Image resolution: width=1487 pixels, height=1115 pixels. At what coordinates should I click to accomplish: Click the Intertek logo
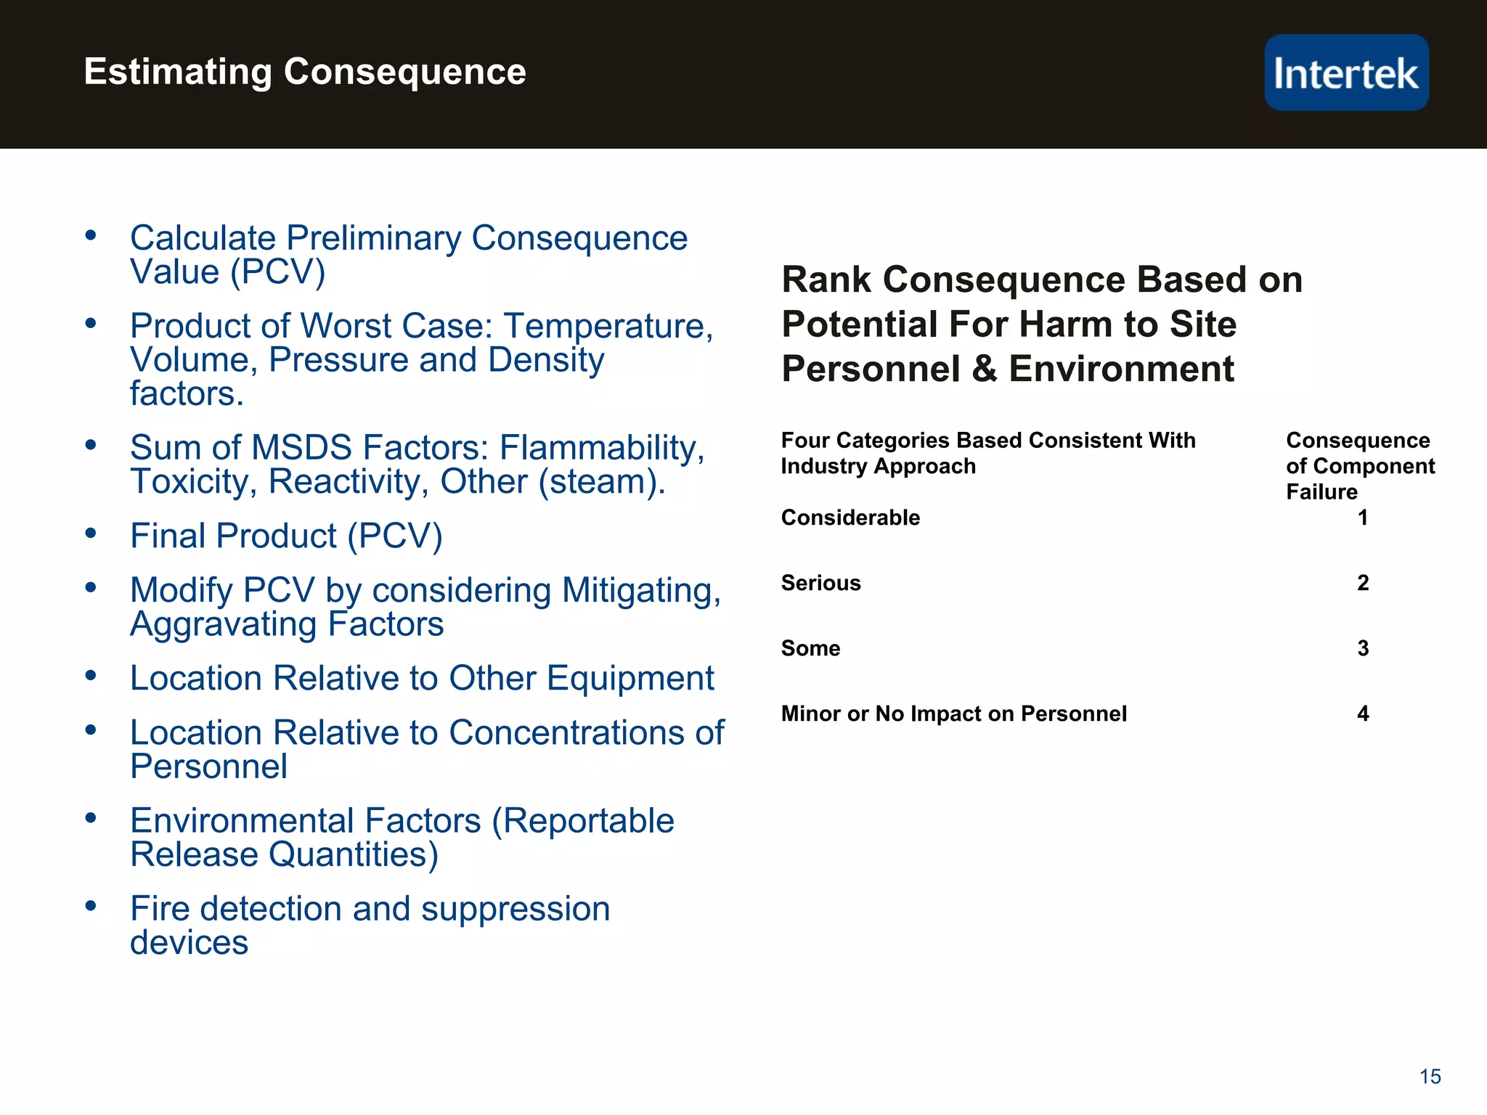coord(1346,73)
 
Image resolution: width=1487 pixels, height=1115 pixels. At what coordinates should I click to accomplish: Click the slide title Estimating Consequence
coord(305,72)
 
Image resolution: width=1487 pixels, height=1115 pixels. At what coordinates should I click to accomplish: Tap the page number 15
coord(1430,1077)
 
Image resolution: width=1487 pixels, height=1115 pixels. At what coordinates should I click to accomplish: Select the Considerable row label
coord(850,518)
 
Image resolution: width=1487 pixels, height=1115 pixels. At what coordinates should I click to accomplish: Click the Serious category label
coord(820,583)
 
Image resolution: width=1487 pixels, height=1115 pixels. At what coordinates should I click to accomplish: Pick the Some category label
coord(810,648)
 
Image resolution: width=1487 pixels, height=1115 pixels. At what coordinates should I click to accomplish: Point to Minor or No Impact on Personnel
coord(953,714)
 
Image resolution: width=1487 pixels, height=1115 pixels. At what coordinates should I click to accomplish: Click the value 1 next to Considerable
coord(1363,518)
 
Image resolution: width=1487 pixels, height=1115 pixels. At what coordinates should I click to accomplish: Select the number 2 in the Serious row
coord(1363,583)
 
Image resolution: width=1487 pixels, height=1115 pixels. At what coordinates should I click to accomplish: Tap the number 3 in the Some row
coord(1363,648)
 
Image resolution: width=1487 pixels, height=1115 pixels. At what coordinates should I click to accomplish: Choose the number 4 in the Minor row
coord(1363,714)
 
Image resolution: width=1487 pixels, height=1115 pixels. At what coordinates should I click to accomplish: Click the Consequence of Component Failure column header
coord(1359,465)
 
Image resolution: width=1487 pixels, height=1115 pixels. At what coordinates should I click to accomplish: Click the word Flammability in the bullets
coord(602,448)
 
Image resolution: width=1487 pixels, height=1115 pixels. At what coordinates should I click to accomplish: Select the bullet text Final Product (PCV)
coord(286,536)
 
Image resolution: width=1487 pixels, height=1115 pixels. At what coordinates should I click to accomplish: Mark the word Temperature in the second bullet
coord(608,326)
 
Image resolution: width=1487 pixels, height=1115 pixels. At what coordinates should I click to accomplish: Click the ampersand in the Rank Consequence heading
coord(984,369)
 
